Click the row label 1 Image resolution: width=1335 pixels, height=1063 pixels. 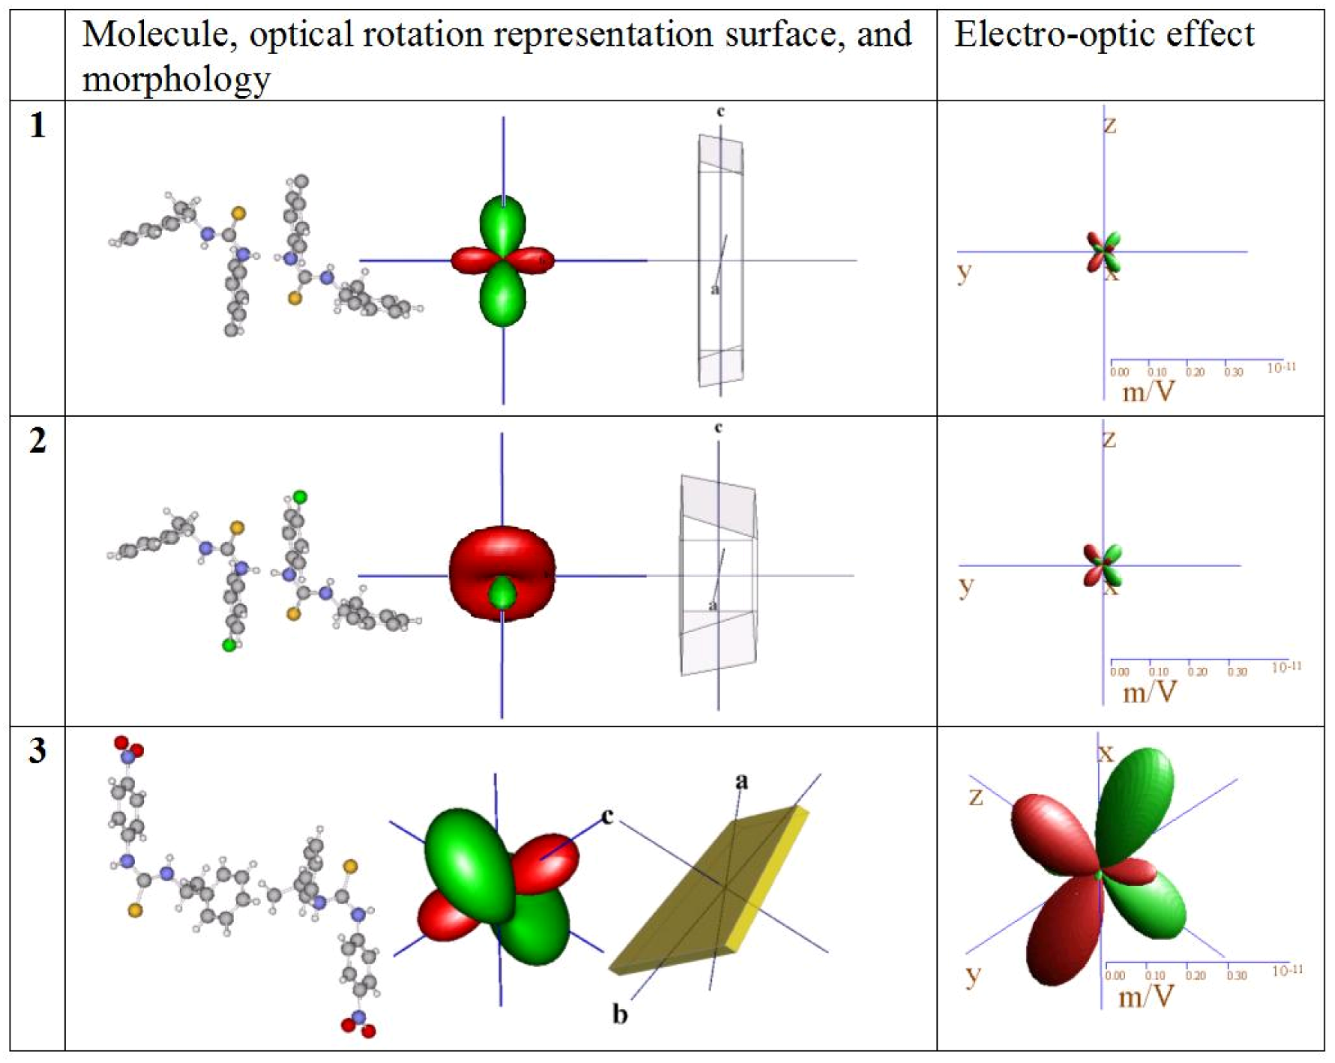coord(37,126)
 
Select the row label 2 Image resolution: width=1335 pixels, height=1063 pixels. coord(37,441)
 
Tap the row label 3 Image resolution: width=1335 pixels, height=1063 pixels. coord(37,750)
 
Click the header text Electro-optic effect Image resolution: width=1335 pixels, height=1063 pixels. coord(1103,34)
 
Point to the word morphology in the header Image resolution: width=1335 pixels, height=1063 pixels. coord(175,78)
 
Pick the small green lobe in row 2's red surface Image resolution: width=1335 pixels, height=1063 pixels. coord(502,593)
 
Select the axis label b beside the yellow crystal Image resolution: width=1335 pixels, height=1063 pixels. coord(620,1014)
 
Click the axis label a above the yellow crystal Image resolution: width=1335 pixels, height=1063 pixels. coord(741,781)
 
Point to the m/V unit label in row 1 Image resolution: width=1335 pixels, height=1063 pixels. coord(1148,391)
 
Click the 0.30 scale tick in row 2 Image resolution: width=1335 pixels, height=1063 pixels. coord(1237,672)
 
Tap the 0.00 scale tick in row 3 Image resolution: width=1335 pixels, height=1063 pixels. coord(1115,975)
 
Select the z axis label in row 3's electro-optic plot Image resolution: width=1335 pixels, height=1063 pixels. coord(975,796)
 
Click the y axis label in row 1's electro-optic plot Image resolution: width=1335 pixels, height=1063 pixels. coord(965,271)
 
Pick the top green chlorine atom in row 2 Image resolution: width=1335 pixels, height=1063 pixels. coord(300,496)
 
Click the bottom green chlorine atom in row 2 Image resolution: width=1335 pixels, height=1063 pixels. coord(229,645)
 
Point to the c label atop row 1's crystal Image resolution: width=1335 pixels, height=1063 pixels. coord(720,112)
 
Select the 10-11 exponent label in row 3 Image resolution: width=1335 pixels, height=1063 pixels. coord(1288,971)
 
